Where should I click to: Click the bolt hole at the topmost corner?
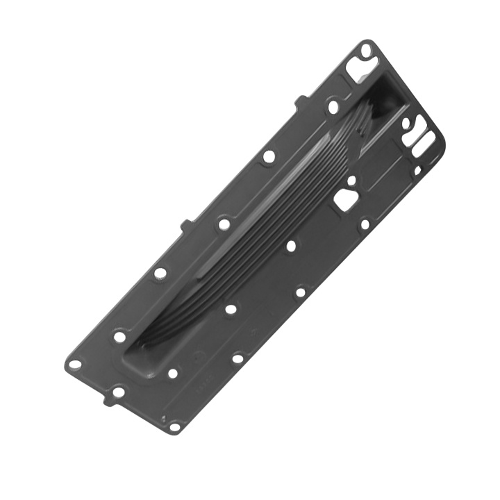click(x=366, y=49)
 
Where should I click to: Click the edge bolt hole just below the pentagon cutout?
click(x=365, y=224)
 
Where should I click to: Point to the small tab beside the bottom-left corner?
click(x=106, y=401)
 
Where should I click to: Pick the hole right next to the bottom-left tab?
click(x=118, y=392)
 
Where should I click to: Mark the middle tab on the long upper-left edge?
click(x=185, y=225)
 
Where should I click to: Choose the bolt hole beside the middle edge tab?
click(x=224, y=224)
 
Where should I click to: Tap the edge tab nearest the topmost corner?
click(x=299, y=102)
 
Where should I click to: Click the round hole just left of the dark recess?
click(x=333, y=107)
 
